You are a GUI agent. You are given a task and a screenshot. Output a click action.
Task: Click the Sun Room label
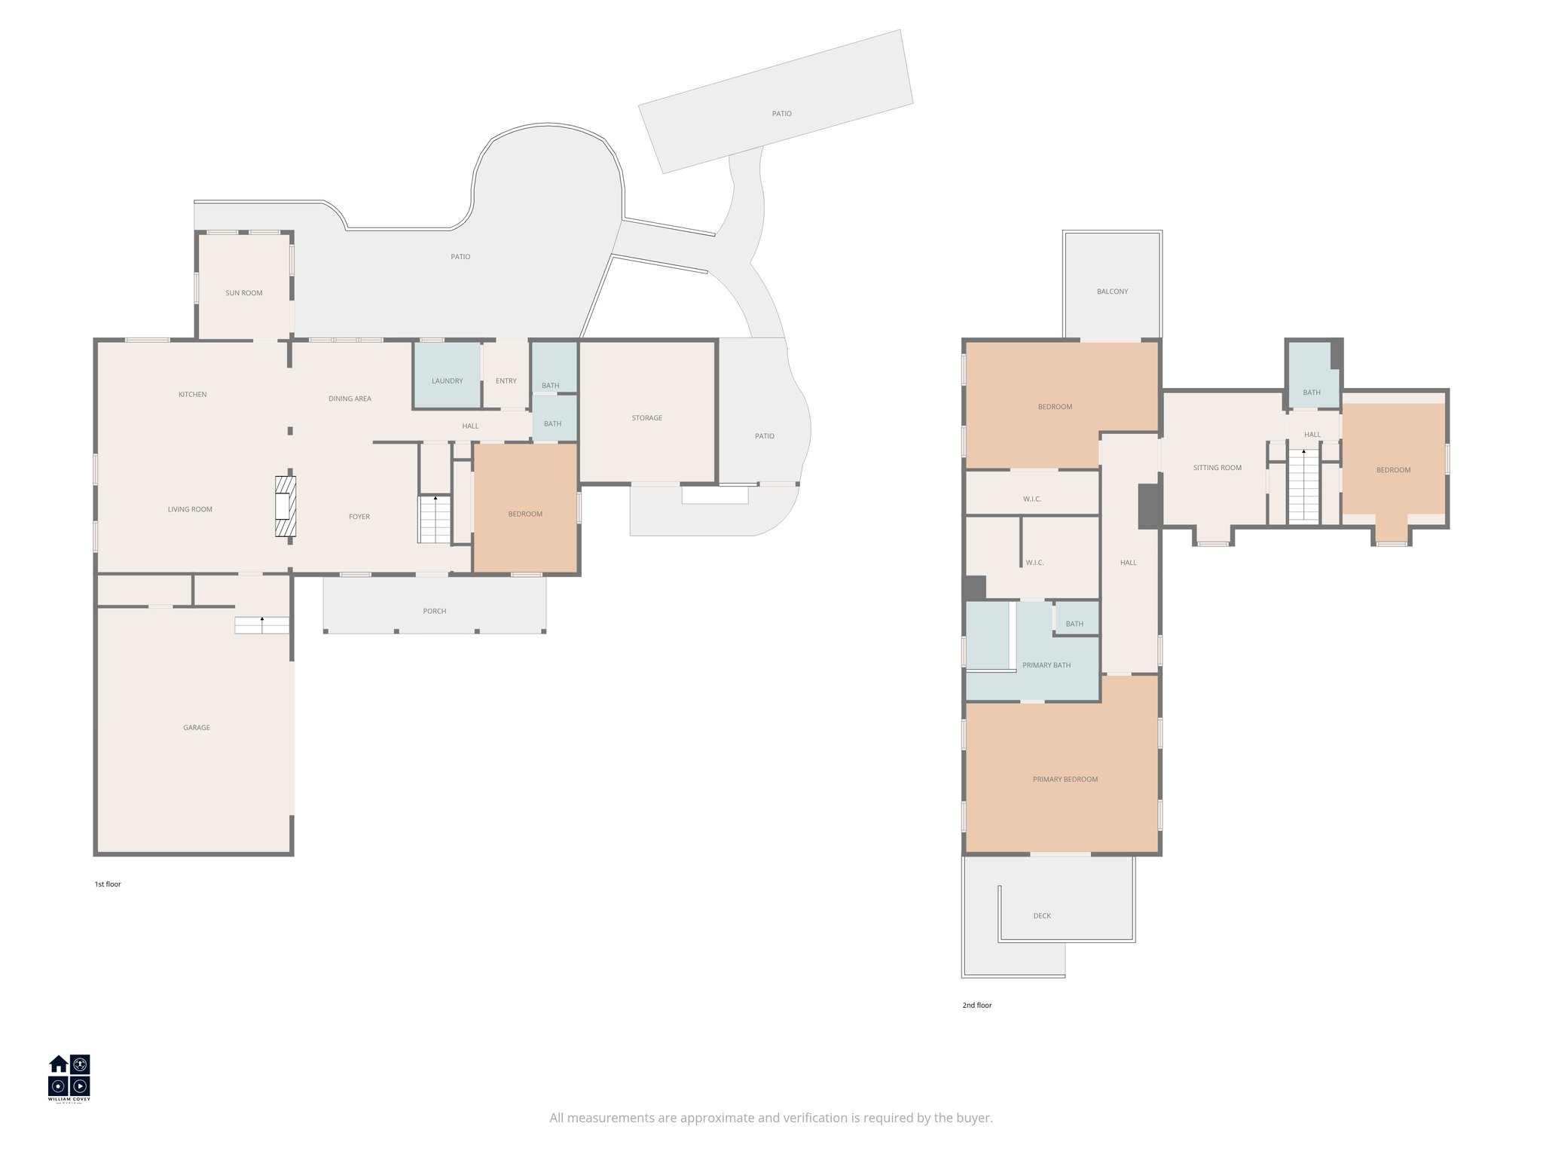click(x=244, y=293)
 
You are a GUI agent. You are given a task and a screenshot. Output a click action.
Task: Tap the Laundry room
click(x=447, y=380)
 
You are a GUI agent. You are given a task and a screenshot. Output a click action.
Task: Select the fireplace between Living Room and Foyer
click(x=286, y=506)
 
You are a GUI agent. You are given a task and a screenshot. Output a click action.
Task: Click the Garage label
click(x=197, y=728)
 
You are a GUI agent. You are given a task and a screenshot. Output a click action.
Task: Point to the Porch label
click(x=435, y=611)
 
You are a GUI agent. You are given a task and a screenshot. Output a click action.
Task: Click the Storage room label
click(x=647, y=418)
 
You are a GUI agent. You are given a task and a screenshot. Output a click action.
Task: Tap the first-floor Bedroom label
click(x=525, y=514)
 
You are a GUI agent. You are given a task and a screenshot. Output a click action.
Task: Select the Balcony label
click(x=1112, y=292)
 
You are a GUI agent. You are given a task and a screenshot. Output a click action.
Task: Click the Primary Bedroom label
click(x=1065, y=780)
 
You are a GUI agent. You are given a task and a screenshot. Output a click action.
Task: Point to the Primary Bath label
click(x=1046, y=665)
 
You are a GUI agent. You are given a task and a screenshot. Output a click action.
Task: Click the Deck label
click(x=1042, y=916)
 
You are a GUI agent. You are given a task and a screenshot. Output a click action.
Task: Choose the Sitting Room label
click(x=1217, y=468)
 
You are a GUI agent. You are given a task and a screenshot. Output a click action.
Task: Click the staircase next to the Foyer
click(x=435, y=519)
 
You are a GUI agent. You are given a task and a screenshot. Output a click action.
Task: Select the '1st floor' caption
click(x=108, y=884)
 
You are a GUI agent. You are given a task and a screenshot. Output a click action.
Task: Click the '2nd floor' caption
click(x=976, y=1005)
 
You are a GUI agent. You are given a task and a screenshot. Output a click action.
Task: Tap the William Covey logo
click(x=69, y=1078)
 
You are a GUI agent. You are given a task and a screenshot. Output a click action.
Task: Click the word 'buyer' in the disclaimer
click(x=976, y=1118)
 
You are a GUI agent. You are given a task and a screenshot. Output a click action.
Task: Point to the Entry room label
click(x=506, y=381)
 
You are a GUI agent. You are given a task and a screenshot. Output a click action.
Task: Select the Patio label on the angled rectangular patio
click(x=781, y=114)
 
